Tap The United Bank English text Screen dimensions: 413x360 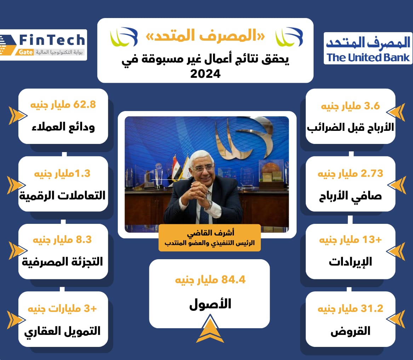click(368, 57)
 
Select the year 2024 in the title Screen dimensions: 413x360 click(206, 74)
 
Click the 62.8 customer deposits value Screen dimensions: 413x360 click(63, 104)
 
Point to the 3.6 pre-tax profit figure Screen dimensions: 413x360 click(350, 106)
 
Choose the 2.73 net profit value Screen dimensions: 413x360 click(350, 173)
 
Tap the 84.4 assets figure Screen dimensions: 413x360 click(210, 280)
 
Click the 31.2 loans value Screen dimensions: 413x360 click(350, 308)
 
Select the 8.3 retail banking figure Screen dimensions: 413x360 click(62, 240)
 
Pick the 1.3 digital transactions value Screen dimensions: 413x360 click(62, 173)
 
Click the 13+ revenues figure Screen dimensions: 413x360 click(350, 240)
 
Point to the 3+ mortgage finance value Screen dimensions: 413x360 click(62, 308)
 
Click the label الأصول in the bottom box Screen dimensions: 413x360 click(210, 304)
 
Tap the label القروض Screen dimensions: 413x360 click(350, 331)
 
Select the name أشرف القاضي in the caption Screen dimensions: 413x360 click(211, 233)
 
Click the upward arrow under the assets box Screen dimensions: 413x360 click(210, 329)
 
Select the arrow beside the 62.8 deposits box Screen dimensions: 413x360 click(17, 115)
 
